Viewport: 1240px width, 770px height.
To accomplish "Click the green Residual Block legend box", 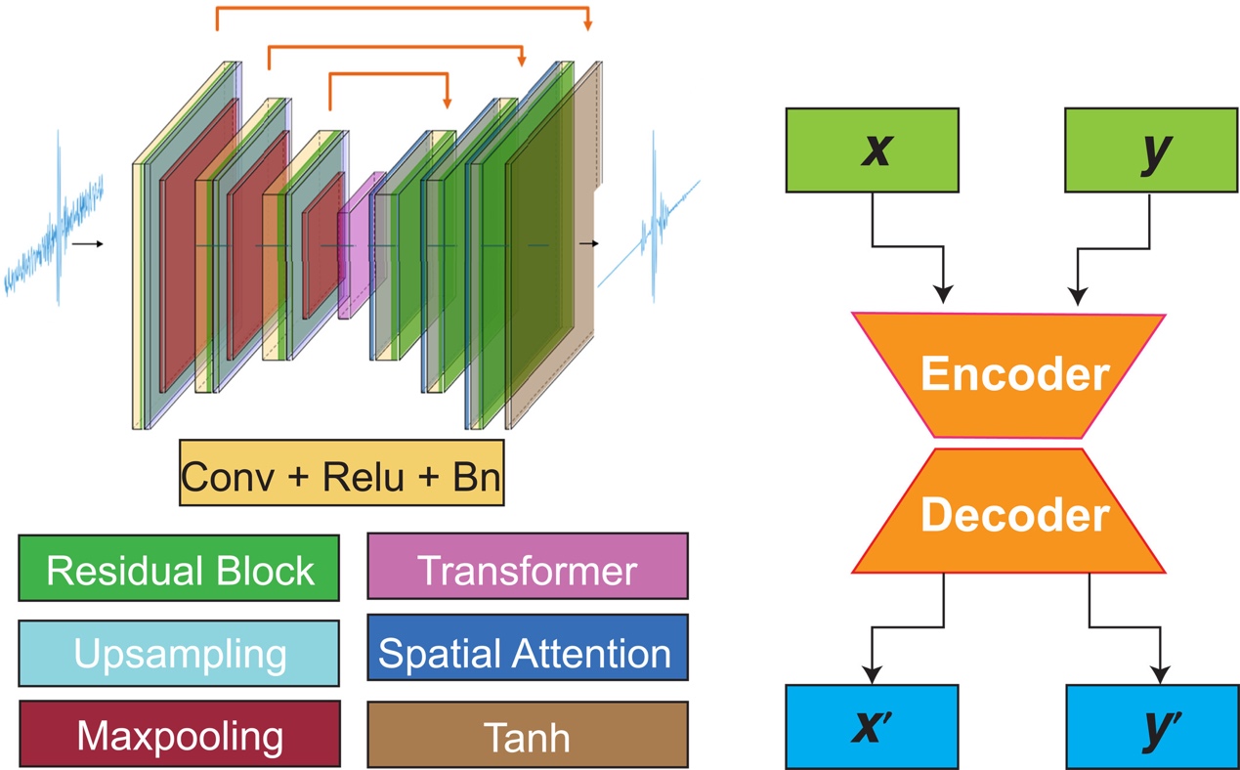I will point(179,568).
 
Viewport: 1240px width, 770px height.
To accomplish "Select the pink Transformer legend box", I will point(527,568).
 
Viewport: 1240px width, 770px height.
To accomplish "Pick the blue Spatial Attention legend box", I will point(527,653).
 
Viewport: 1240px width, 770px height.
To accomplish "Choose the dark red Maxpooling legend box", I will point(179,734).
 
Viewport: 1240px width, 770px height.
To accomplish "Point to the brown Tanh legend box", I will point(527,735).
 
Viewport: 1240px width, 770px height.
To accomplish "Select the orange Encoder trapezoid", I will point(1008,375).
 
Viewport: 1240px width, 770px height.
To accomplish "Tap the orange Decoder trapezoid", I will point(1008,512).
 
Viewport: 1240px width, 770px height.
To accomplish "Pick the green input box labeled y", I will point(1147,150).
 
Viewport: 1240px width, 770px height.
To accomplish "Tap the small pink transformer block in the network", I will point(356,244).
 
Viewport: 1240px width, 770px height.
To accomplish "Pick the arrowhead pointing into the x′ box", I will point(872,675).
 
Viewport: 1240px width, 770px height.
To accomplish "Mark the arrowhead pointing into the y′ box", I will point(1160,675).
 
